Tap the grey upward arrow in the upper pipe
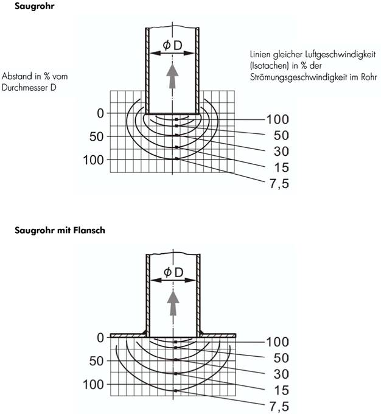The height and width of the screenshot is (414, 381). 173,77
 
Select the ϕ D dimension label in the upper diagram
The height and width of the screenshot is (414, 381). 173,44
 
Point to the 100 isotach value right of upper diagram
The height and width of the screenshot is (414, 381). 278,119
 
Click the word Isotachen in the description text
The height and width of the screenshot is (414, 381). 271,66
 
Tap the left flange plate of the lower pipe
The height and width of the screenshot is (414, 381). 128,335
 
